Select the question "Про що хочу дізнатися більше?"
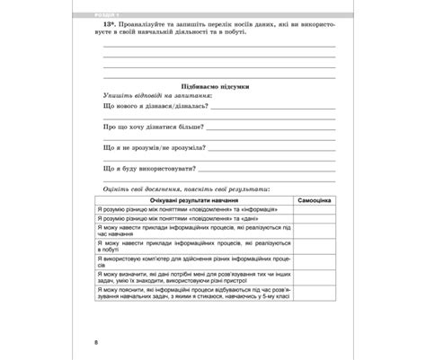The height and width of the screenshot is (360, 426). [x=155, y=127]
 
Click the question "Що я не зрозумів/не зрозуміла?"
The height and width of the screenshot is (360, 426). [x=155, y=147]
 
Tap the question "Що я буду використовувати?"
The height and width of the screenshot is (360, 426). [x=150, y=168]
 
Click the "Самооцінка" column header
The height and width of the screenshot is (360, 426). [x=314, y=198]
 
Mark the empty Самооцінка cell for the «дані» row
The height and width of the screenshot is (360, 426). [x=314, y=218]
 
